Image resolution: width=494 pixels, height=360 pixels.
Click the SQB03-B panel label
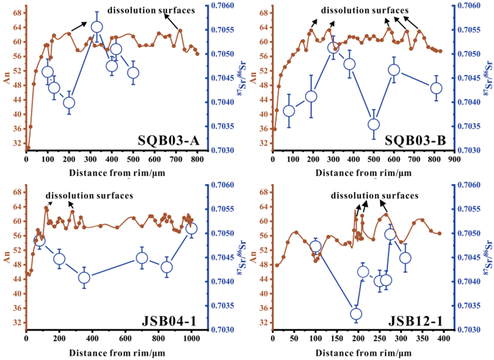[x=418, y=141]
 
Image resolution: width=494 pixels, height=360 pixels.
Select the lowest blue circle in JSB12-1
[x=355, y=314]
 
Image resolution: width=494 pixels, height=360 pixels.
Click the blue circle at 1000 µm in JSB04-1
[x=191, y=229]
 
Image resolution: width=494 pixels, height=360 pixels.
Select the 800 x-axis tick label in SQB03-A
[x=198, y=160]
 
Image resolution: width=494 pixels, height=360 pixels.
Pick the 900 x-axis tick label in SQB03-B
[x=454, y=160]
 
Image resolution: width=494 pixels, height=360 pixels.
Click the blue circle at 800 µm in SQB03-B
[x=436, y=88]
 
